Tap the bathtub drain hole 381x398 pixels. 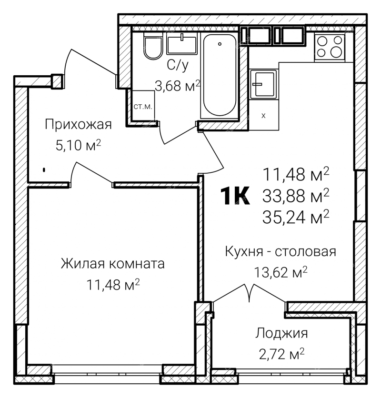pos(220,44)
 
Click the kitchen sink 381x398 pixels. pos(263,84)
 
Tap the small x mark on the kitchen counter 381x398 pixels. pos(263,116)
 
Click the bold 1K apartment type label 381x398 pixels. pos(235,196)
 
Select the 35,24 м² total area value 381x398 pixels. pos(296,217)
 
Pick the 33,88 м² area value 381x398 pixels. pos(296,196)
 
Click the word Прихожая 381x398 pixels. pos(78,125)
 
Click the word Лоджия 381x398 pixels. pos(281,333)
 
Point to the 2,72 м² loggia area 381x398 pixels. pos(281,354)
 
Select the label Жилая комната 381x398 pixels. pos(113,263)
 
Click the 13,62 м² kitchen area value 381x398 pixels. pos(281,272)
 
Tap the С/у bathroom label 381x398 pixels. pos(178,65)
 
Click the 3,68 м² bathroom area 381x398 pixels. pos(178,86)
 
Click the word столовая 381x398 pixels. pos(306,251)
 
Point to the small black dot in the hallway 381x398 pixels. pos(44,170)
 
